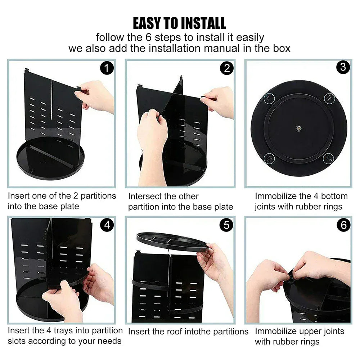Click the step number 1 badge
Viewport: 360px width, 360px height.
tap(107, 68)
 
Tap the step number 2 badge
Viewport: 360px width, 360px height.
tap(226, 68)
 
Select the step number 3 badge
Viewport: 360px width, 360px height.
tap(343, 67)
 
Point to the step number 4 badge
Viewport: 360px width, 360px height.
tap(107, 225)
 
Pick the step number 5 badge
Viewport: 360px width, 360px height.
tap(226, 225)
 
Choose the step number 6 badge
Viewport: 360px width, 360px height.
tap(343, 225)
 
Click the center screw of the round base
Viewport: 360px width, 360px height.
tap(299, 128)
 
